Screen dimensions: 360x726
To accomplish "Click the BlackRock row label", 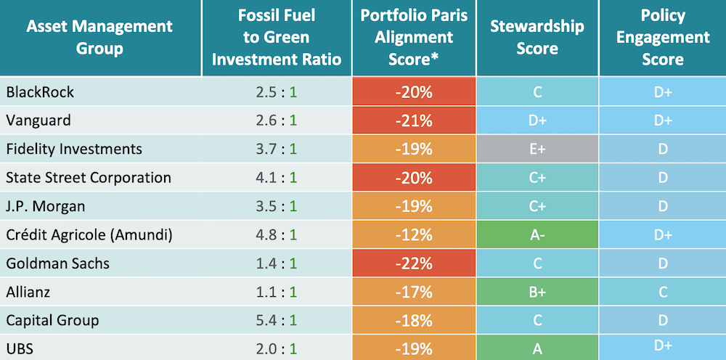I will [40, 93].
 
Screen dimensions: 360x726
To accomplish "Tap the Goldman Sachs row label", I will [57, 263].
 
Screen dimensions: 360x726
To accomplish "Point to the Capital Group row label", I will [52, 320].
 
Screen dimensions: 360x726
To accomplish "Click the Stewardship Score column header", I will [537, 38].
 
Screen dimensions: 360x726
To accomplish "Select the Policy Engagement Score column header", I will [663, 38].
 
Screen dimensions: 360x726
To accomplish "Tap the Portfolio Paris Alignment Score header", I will [415, 38].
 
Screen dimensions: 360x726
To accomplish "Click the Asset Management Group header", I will [99, 38].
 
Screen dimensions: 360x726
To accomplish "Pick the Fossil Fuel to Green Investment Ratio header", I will [277, 38].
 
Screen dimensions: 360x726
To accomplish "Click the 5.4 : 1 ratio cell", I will [277, 320].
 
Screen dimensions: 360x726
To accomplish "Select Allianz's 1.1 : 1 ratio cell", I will [277, 292].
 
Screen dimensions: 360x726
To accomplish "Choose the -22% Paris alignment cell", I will [415, 263].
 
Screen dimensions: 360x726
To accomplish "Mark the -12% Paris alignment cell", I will [415, 235].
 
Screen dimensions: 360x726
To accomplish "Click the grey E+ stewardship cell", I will [537, 150].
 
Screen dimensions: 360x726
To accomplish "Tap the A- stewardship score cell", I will [537, 235].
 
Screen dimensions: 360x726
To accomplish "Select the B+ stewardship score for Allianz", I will [537, 292].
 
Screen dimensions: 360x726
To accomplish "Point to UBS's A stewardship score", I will [537, 348].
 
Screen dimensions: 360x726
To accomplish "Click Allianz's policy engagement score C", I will [663, 292].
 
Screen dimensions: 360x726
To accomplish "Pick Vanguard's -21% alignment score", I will [415, 121].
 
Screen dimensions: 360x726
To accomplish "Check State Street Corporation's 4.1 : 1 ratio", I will [277, 178].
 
